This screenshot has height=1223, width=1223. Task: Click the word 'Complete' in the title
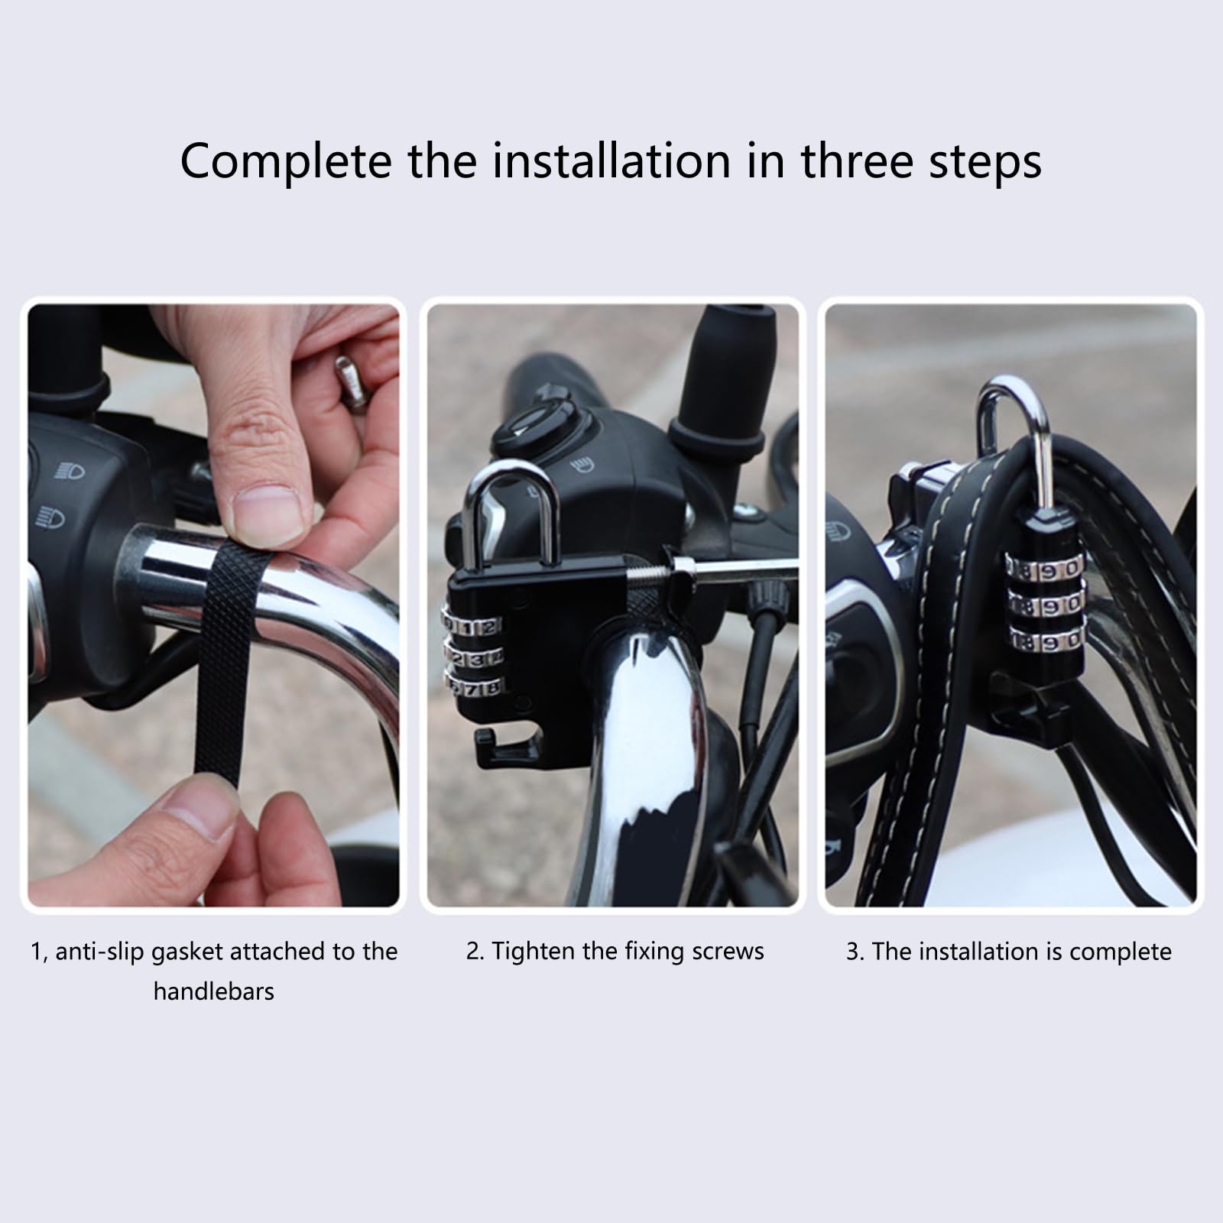(287, 161)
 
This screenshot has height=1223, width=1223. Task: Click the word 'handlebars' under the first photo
(213, 991)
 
